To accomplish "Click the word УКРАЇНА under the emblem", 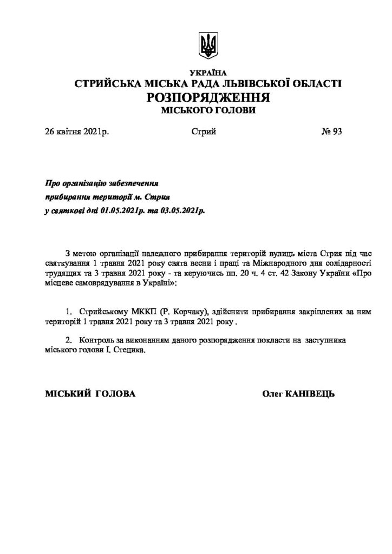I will (x=209, y=73).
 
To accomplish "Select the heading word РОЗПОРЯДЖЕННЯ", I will (x=208, y=98).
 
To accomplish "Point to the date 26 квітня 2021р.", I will (x=77, y=131).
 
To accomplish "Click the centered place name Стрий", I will (x=204, y=131).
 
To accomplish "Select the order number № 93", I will (x=331, y=131).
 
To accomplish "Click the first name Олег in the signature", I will (x=272, y=393).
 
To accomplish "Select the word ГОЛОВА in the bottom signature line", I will (x=115, y=393).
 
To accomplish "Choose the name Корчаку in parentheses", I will (x=185, y=313).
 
